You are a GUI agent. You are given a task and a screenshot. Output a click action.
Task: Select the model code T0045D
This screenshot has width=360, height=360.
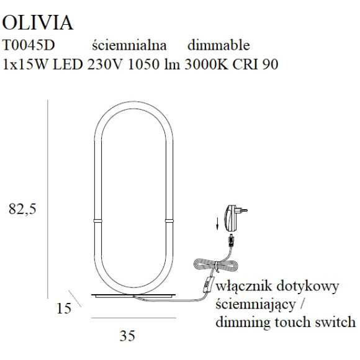click(24, 45)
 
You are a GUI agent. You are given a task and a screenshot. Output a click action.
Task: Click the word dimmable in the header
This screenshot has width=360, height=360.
click(218, 45)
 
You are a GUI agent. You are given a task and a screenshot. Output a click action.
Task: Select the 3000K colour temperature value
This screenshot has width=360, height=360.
click(207, 63)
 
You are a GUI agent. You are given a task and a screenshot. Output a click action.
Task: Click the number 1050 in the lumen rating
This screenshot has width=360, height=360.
click(142, 63)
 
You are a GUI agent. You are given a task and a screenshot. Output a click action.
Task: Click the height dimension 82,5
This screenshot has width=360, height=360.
click(24, 209)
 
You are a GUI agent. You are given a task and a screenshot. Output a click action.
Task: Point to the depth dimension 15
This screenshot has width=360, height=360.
click(63, 307)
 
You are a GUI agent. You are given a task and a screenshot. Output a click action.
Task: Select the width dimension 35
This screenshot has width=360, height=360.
click(127, 336)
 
